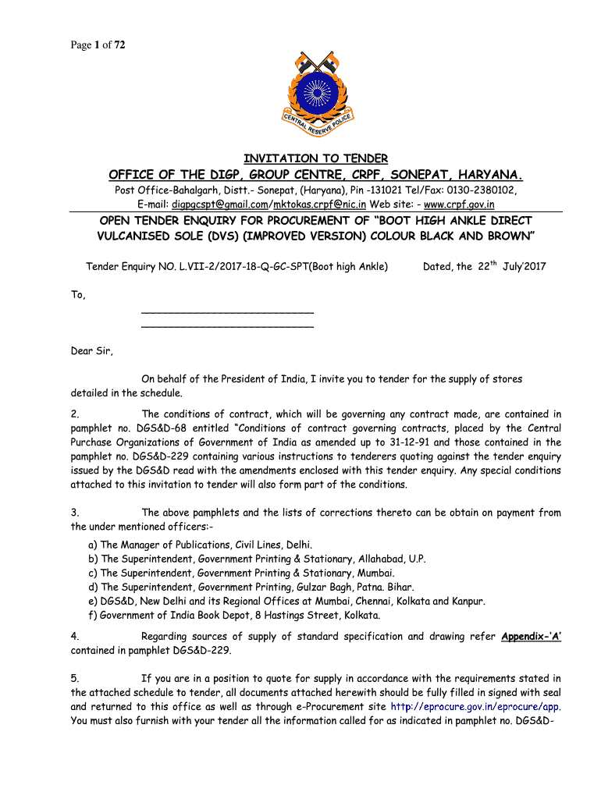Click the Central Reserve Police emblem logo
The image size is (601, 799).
pyautogui.click(x=318, y=98)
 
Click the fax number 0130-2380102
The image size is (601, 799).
pyautogui.click(x=482, y=190)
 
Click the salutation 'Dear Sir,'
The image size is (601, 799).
pyautogui.click(x=91, y=351)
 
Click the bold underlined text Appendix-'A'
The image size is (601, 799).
pyautogui.click(x=532, y=636)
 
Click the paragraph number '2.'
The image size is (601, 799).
pyautogui.click(x=74, y=414)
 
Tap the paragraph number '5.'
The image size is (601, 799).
pyautogui.click(x=74, y=678)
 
